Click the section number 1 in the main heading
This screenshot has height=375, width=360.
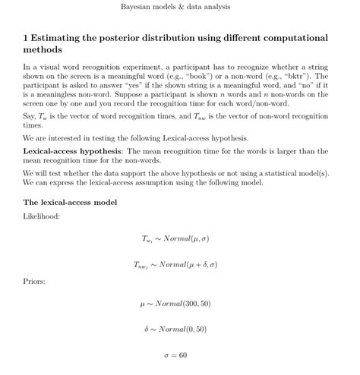click(x=26, y=37)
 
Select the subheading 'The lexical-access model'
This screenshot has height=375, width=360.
click(x=70, y=203)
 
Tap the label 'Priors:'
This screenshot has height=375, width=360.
click(x=34, y=282)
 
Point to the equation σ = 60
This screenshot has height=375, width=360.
click(x=175, y=355)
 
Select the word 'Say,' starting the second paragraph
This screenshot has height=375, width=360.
click(x=31, y=115)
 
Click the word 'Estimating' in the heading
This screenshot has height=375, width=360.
click(x=59, y=37)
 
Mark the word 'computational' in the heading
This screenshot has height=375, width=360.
click(x=294, y=37)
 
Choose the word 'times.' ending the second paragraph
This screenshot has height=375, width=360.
click(x=33, y=125)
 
